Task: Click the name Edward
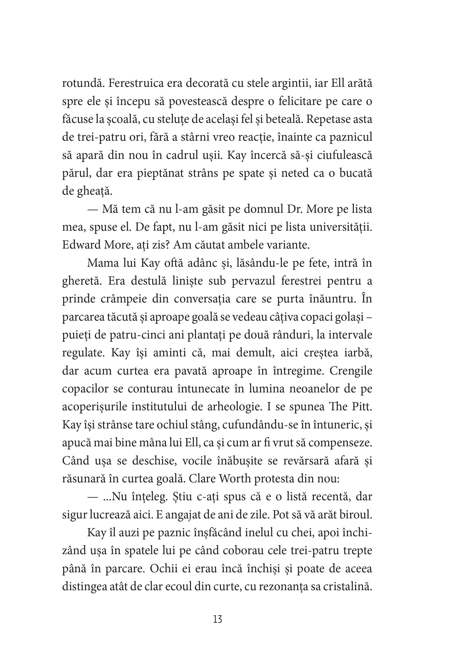(x=81, y=245)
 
